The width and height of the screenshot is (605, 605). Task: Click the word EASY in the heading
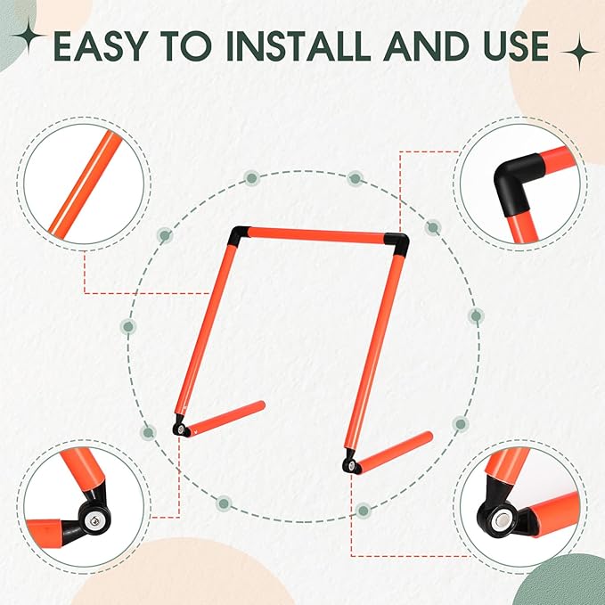[101, 46]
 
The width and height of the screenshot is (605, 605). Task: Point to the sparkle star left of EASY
[29, 36]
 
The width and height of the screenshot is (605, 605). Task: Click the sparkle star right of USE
[579, 52]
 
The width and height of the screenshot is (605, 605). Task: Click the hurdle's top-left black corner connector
[238, 236]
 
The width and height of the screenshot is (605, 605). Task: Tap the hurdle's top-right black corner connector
[397, 244]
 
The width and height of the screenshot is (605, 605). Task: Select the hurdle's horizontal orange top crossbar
[316, 235]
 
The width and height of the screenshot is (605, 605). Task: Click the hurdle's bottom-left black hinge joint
[181, 427]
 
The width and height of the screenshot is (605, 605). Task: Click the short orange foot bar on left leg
[225, 418]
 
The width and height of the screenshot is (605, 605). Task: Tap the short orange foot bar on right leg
[395, 452]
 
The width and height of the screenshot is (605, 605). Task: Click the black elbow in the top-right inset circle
[515, 183]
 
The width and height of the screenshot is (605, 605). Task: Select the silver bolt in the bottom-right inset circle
[503, 518]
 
